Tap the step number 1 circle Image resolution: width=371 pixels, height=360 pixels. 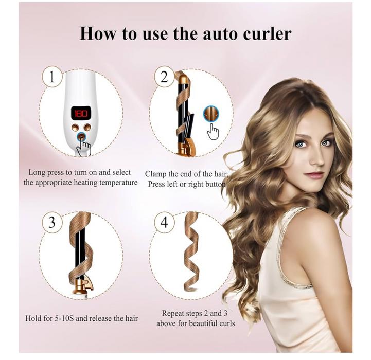point(52,77)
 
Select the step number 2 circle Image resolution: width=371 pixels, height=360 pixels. point(164,77)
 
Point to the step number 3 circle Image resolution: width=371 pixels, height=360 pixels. point(52,222)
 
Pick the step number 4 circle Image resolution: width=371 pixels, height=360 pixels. point(164,222)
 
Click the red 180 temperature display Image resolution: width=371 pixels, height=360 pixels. point(81,114)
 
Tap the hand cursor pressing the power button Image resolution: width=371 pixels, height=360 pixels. point(83,146)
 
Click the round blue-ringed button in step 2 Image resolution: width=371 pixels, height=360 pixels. point(211,114)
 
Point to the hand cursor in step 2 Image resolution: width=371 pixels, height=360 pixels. point(213,132)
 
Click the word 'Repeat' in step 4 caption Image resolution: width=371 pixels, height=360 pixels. point(173,313)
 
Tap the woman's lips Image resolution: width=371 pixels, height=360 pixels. point(314,175)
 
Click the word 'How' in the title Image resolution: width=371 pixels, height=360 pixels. point(98,33)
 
